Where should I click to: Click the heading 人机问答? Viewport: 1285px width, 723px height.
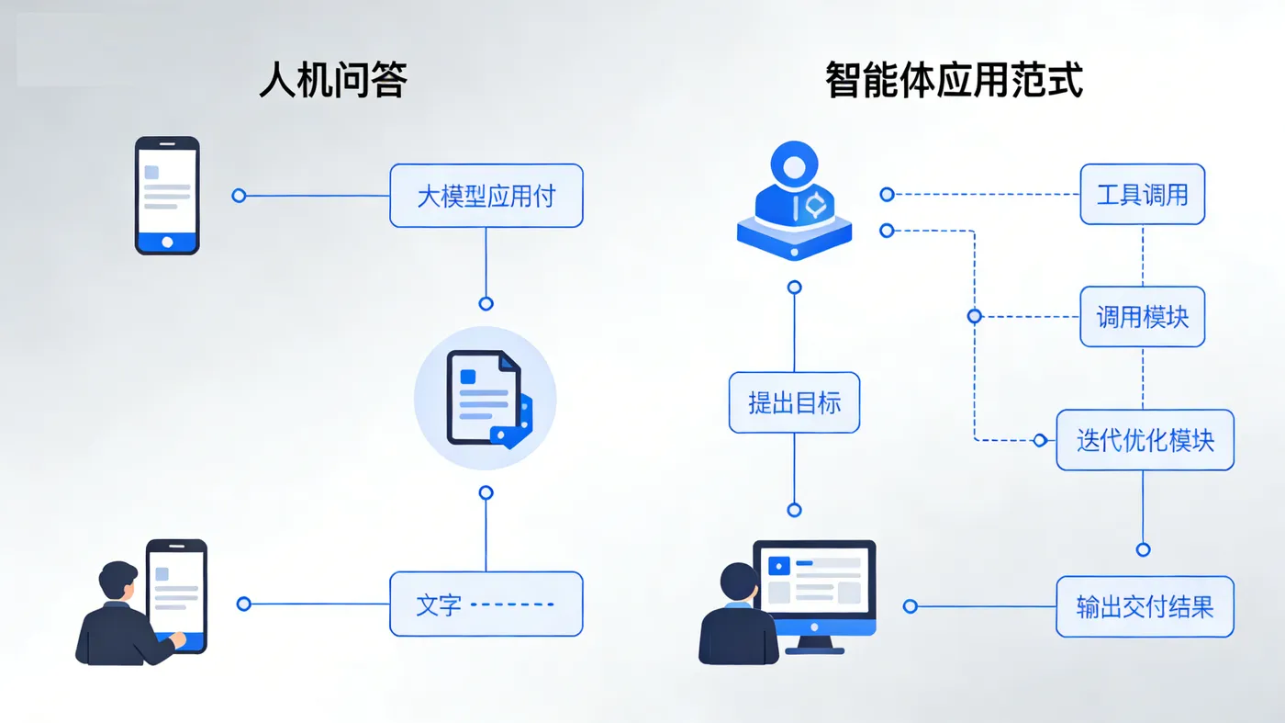pyautogui.click(x=332, y=81)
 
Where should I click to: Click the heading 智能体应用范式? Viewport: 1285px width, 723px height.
pyautogui.click(x=954, y=81)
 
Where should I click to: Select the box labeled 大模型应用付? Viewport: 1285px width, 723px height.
pyautogui.click(x=486, y=196)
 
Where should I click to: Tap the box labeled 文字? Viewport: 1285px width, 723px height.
pyautogui.click(x=486, y=604)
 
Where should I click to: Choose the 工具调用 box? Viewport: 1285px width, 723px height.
pyautogui.click(x=1142, y=194)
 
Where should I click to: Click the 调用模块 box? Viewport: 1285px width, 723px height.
pyautogui.click(x=1142, y=317)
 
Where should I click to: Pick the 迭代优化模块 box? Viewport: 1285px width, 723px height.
pyautogui.click(x=1145, y=440)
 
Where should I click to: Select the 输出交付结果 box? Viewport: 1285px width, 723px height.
pyautogui.click(x=1145, y=606)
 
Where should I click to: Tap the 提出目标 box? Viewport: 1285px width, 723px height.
pyautogui.click(x=794, y=402)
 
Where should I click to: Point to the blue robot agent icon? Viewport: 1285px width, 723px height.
pyautogui.click(x=794, y=202)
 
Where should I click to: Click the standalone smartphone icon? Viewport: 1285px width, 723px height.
pyautogui.click(x=167, y=195)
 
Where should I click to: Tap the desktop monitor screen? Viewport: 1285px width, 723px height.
pyautogui.click(x=814, y=580)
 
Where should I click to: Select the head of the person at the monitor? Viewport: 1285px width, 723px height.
pyautogui.click(x=739, y=582)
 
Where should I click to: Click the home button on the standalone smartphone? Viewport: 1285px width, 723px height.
pyautogui.click(x=167, y=242)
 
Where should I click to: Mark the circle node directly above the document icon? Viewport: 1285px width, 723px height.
pyautogui.click(x=486, y=304)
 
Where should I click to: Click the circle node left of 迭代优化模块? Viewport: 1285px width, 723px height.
pyautogui.click(x=1040, y=441)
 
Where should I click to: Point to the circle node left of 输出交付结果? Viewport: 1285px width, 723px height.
pyautogui.click(x=910, y=606)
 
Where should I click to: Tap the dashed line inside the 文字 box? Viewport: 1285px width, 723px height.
pyautogui.click(x=512, y=604)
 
